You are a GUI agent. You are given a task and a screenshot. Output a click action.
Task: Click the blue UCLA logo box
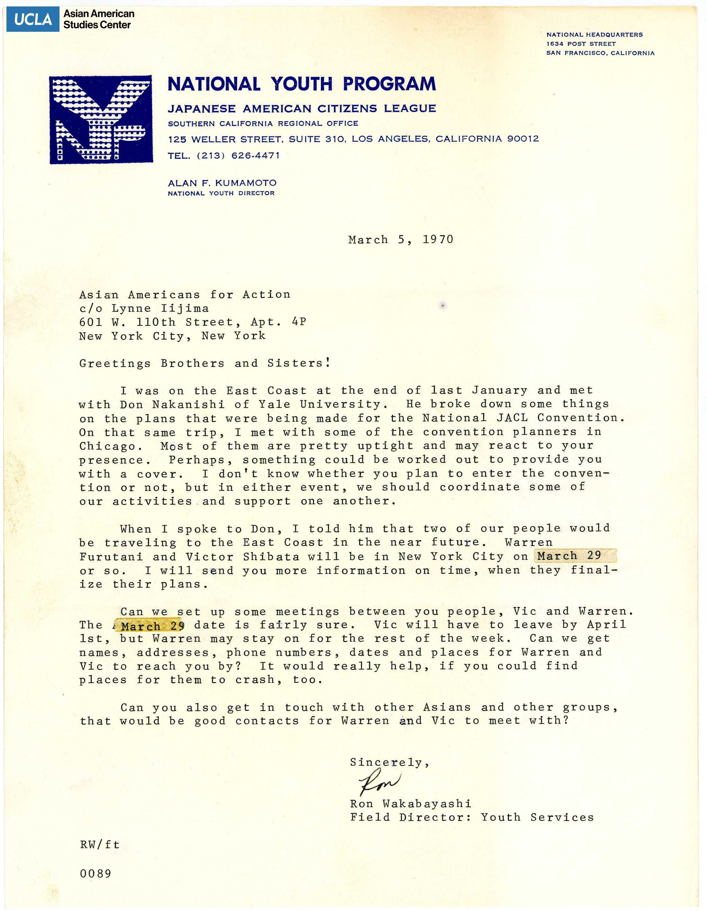[32, 19]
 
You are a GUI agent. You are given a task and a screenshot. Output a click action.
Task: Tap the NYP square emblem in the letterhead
[101, 120]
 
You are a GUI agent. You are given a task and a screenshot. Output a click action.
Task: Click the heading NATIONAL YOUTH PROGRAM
[301, 84]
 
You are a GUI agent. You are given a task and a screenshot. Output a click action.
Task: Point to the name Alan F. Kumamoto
[222, 183]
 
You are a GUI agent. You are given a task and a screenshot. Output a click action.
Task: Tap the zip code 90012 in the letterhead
[523, 138]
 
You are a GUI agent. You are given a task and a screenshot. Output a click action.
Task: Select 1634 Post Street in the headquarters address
[581, 44]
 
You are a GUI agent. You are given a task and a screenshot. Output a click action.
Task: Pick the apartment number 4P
[299, 322]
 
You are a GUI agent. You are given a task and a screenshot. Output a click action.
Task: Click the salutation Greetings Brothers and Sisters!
[205, 363]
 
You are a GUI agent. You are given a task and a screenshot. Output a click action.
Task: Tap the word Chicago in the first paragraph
[107, 446]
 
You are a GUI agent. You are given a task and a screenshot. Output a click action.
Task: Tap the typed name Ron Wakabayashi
[410, 803]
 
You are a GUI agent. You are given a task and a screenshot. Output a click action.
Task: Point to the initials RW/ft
[100, 845]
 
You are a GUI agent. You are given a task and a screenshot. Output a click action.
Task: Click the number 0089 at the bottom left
[95, 873]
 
